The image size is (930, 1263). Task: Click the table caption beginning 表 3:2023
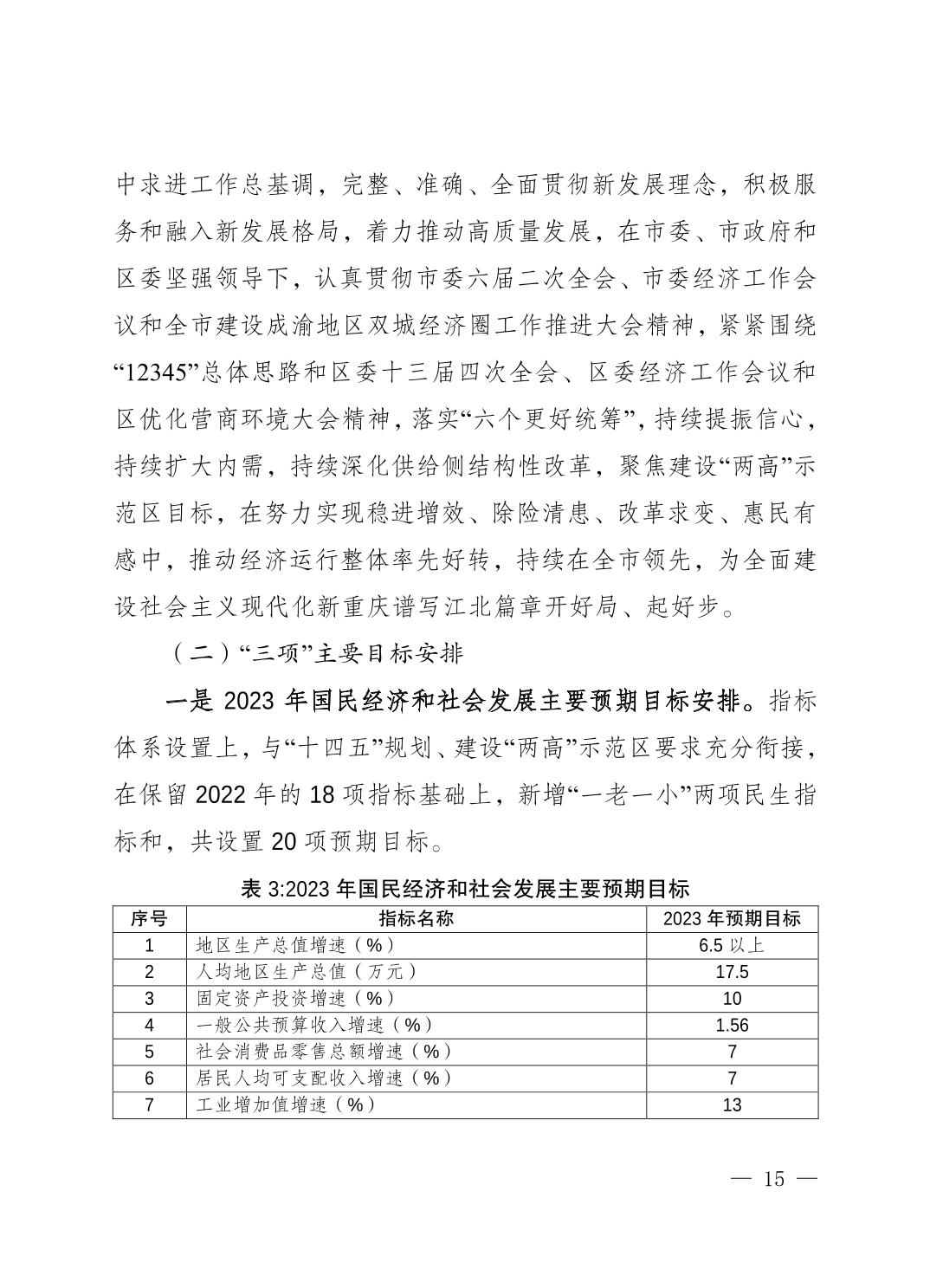[465, 889]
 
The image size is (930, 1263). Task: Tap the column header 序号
[149, 918]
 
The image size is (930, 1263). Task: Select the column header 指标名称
[416, 918]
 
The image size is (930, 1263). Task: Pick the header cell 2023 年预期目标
[732, 918]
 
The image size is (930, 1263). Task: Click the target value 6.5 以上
[732, 945]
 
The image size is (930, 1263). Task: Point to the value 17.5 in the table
[732, 972]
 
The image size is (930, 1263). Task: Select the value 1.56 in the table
[732, 1026]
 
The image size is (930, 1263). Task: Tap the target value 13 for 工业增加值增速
[732, 1105]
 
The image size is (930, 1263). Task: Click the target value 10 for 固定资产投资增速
[732, 999]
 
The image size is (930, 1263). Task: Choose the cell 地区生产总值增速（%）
[296, 945]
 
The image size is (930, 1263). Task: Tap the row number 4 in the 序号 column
[149, 1026]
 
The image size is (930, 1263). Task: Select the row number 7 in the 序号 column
[149, 1105]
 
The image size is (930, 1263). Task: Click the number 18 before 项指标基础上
[320, 795]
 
